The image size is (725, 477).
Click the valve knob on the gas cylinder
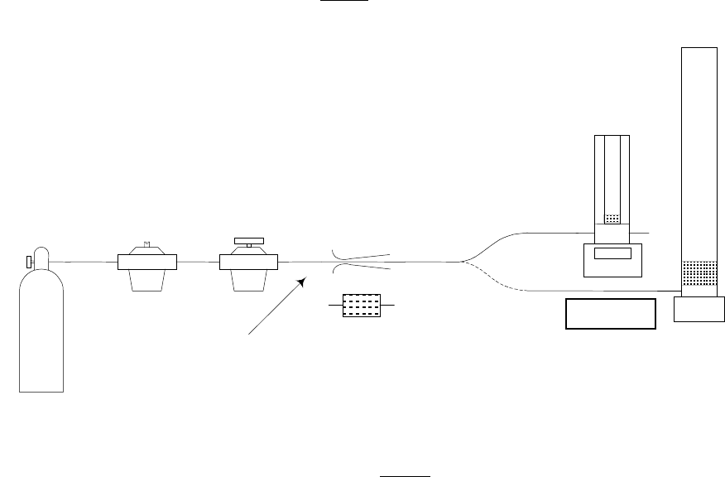(29, 262)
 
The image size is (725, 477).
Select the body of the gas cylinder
(41, 331)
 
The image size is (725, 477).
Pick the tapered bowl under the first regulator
(147, 280)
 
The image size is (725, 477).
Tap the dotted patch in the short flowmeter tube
(612, 219)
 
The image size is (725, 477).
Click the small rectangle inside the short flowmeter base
(612, 253)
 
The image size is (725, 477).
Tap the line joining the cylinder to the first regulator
(84, 262)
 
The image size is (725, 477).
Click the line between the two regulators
(198, 262)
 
